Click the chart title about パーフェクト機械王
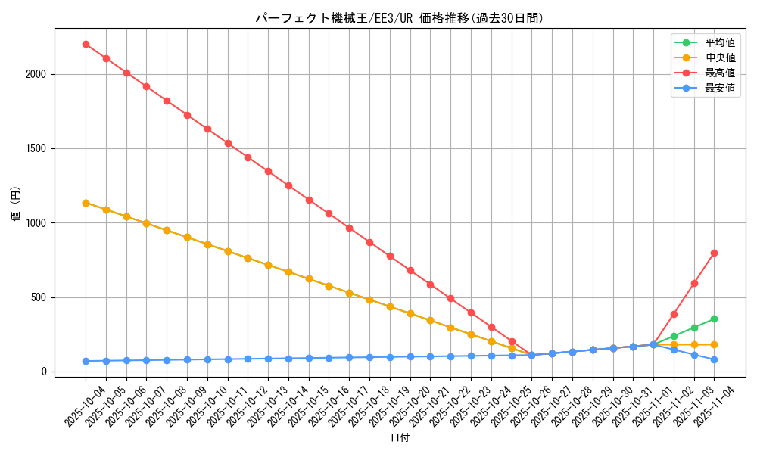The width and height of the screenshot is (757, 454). tap(399, 19)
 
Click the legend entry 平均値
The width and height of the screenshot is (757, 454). tap(720, 42)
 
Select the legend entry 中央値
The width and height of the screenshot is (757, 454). tap(720, 58)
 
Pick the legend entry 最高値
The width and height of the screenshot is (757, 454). tap(720, 73)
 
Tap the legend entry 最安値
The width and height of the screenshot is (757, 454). tap(720, 88)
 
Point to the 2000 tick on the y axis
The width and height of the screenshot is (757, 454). tap(35, 74)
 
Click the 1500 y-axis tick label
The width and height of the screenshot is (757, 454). tap(35, 148)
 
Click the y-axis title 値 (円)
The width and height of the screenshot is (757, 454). tap(16, 204)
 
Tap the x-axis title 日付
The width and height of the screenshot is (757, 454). tap(400, 438)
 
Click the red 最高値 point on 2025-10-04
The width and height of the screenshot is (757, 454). tap(86, 44)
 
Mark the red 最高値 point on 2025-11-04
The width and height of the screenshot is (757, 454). tap(714, 253)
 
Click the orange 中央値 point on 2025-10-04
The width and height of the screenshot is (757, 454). tap(86, 203)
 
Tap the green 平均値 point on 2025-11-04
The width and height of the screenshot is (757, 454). tap(714, 319)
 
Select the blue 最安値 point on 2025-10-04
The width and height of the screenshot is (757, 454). tap(86, 361)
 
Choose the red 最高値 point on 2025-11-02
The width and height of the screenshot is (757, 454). tap(674, 314)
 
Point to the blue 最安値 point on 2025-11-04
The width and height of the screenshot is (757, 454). tap(714, 359)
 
